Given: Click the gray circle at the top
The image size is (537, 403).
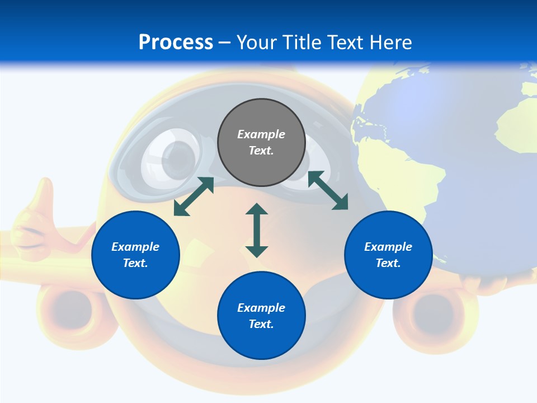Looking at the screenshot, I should (261, 143).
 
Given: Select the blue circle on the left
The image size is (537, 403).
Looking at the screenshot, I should (135, 255).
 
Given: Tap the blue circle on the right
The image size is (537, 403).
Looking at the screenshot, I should (388, 255).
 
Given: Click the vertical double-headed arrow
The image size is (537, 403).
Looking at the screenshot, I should (257, 230).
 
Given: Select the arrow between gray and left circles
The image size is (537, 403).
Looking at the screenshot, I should (194, 196).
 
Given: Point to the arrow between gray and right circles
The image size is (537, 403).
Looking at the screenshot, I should (328, 190).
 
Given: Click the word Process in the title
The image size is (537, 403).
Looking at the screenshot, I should (176, 43).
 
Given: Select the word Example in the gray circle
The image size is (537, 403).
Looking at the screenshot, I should (261, 134).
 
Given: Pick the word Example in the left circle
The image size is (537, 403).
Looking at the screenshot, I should (135, 247).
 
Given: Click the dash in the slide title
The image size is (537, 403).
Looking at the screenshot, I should (224, 43).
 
